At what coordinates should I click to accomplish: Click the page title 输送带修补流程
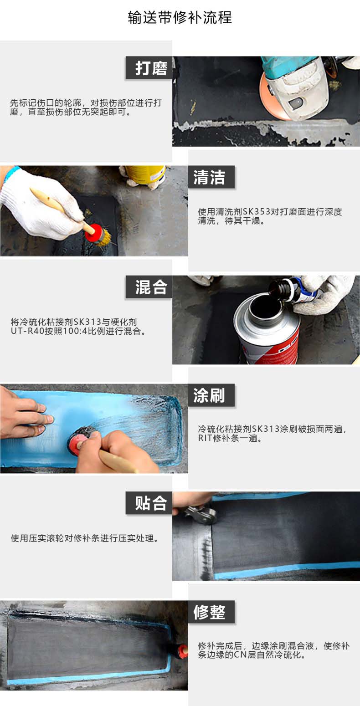click(180, 17)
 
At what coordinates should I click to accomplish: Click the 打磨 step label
click(149, 68)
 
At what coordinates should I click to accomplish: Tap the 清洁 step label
click(211, 177)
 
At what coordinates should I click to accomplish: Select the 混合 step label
click(149, 287)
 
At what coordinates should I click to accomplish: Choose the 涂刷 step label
click(211, 395)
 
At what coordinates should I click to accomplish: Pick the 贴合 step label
click(149, 503)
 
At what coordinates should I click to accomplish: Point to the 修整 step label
click(211, 612)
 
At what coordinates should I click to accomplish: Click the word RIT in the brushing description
click(205, 438)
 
